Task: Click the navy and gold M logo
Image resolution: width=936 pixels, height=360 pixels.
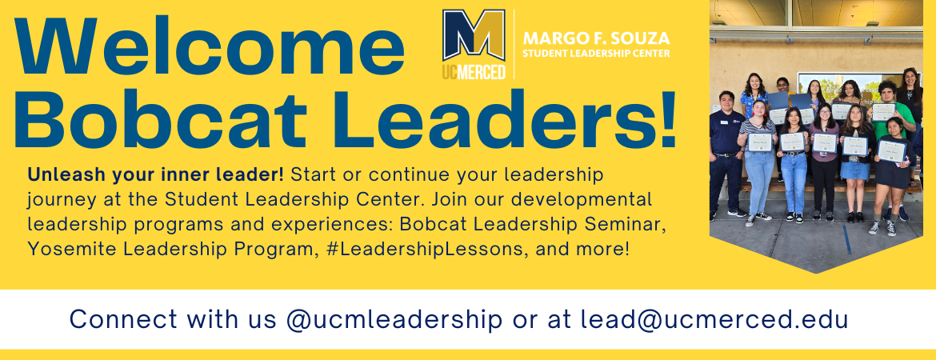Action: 474,35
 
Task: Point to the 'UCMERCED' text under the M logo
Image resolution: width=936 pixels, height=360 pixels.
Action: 474,72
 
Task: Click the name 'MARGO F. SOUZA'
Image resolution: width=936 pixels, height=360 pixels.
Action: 596,39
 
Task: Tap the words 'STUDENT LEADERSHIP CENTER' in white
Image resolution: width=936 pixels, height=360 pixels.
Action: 596,54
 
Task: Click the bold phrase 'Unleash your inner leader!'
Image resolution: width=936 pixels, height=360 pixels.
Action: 156,175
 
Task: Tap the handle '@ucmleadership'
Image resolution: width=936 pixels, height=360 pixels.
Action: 394,320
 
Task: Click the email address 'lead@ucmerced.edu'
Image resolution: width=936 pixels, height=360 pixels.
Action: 714,319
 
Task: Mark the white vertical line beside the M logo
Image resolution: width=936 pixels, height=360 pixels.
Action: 514,44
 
